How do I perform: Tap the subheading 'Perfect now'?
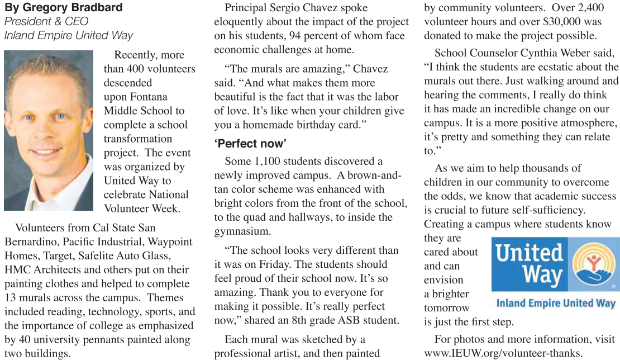pos(250,144)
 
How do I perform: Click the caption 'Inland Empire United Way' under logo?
pos(555,304)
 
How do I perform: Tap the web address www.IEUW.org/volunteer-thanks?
pos(503,353)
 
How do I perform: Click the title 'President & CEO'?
pos(46,22)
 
